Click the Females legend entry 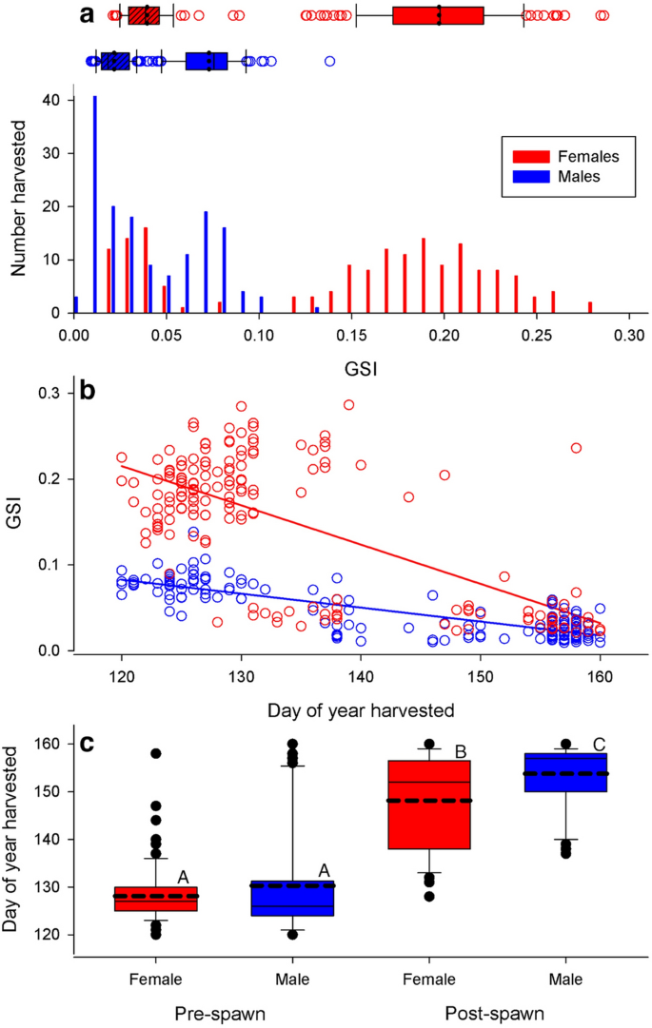[x=562, y=156]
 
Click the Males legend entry [x=555, y=176]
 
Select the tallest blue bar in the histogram [x=94, y=204]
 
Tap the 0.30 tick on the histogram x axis [x=628, y=335]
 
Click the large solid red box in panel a [x=438, y=15]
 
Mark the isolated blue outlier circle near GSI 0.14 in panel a [x=329, y=61]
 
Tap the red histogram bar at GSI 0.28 [x=590, y=307]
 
